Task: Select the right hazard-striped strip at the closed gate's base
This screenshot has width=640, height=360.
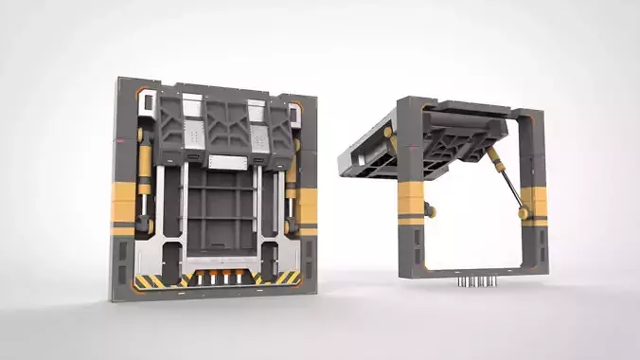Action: point(285,279)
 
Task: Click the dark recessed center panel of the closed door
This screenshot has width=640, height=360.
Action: point(220,213)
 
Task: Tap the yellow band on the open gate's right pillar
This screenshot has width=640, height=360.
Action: point(532,205)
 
